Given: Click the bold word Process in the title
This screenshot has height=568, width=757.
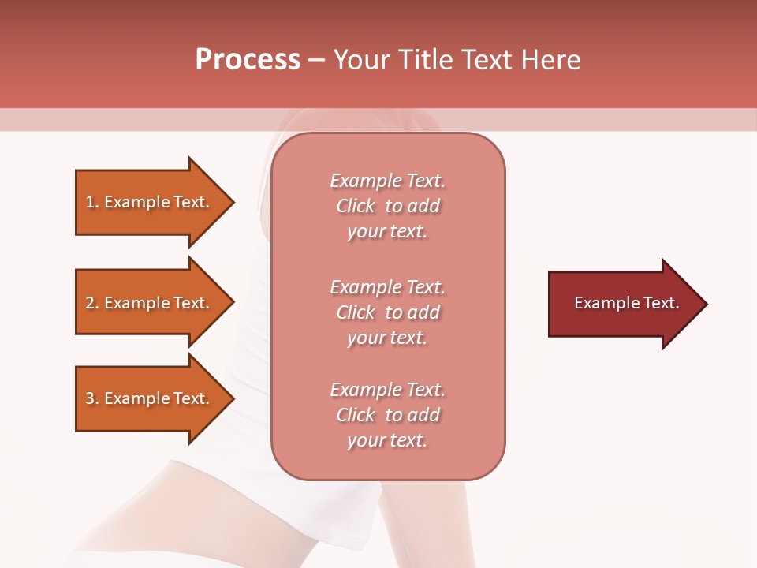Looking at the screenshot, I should pos(248,60).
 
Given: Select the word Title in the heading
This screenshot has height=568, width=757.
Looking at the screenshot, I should pos(427,60).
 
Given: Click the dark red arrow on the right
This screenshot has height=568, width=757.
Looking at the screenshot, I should pos(623,304).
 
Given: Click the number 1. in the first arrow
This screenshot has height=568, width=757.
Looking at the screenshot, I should pos(92,202).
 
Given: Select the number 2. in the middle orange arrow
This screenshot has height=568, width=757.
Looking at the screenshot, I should pos(92,303).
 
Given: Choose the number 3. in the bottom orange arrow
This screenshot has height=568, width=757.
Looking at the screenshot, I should pos(92,398).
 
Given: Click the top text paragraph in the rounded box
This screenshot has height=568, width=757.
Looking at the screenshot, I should pos(387,206).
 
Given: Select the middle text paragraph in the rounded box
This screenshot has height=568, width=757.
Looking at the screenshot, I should pos(387,312).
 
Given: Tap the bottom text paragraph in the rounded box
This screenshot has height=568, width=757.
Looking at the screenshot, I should pos(387,415).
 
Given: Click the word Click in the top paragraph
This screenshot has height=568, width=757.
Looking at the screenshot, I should pos(356,206).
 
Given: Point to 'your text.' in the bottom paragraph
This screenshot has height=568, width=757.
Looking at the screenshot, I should pos(387,440).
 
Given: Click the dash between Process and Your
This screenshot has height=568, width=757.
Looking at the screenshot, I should pos(316,60).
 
